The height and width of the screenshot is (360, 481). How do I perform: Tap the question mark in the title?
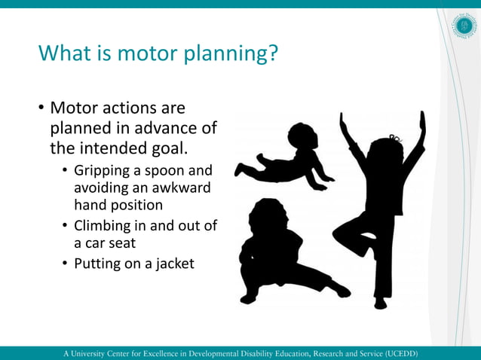coord(273,53)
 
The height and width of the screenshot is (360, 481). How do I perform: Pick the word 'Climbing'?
coord(102,227)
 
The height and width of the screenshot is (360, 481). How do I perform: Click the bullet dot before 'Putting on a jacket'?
coord(65,264)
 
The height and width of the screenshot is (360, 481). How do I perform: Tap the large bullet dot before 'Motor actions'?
coord(41,110)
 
